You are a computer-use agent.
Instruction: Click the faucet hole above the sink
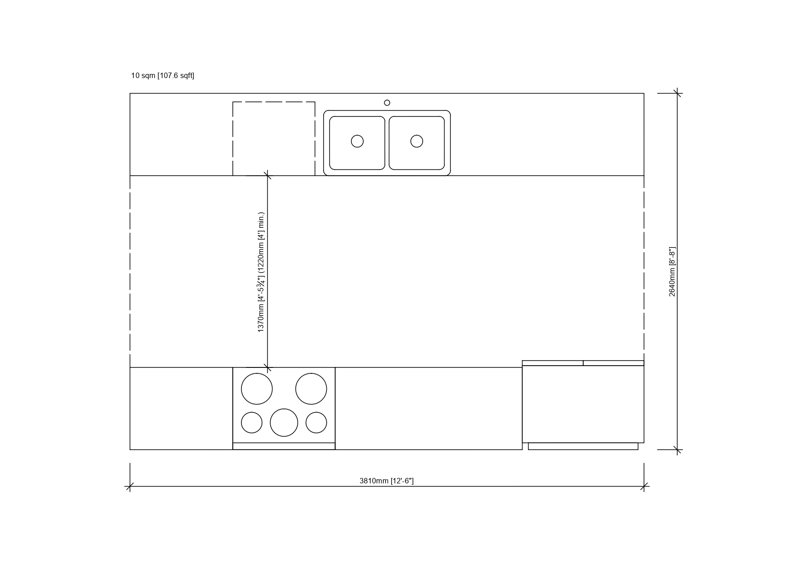pyautogui.click(x=387, y=103)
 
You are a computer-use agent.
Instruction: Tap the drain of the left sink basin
pyautogui.click(x=357, y=141)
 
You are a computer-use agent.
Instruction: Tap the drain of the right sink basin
pyautogui.click(x=417, y=141)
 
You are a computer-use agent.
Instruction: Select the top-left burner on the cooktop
pyautogui.click(x=257, y=389)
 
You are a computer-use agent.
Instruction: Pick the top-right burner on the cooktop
pyautogui.click(x=311, y=389)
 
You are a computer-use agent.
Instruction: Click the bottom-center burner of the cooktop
pyautogui.click(x=284, y=423)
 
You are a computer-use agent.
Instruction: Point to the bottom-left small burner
pyautogui.click(x=251, y=423)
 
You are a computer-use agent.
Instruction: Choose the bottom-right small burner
pyautogui.click(x=316, y=423)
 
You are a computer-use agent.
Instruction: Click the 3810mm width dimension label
pyautogui.click(x=387, y=481)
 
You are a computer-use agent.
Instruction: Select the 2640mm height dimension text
pyautogui.click(x=672, y=272)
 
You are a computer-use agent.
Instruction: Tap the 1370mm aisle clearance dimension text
pyautogui.click(x=261, y=272)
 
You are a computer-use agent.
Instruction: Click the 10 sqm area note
pyautogui.click(x=162, y=75)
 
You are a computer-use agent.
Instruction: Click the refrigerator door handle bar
pyautogui.click(x=583, y=446)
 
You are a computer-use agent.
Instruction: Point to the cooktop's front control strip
pyautogui.click(x=284, y=446)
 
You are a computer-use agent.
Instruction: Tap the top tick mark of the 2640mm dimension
pyautogui.click(x=677, y=93)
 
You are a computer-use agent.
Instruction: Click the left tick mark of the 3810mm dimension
pyautogui.click(x=130, y=487)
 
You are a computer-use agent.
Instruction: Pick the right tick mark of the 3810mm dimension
pyautogui.click(x=644, y=487)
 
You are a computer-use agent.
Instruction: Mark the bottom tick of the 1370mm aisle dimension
pyautogui.click(x=267, y=367)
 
